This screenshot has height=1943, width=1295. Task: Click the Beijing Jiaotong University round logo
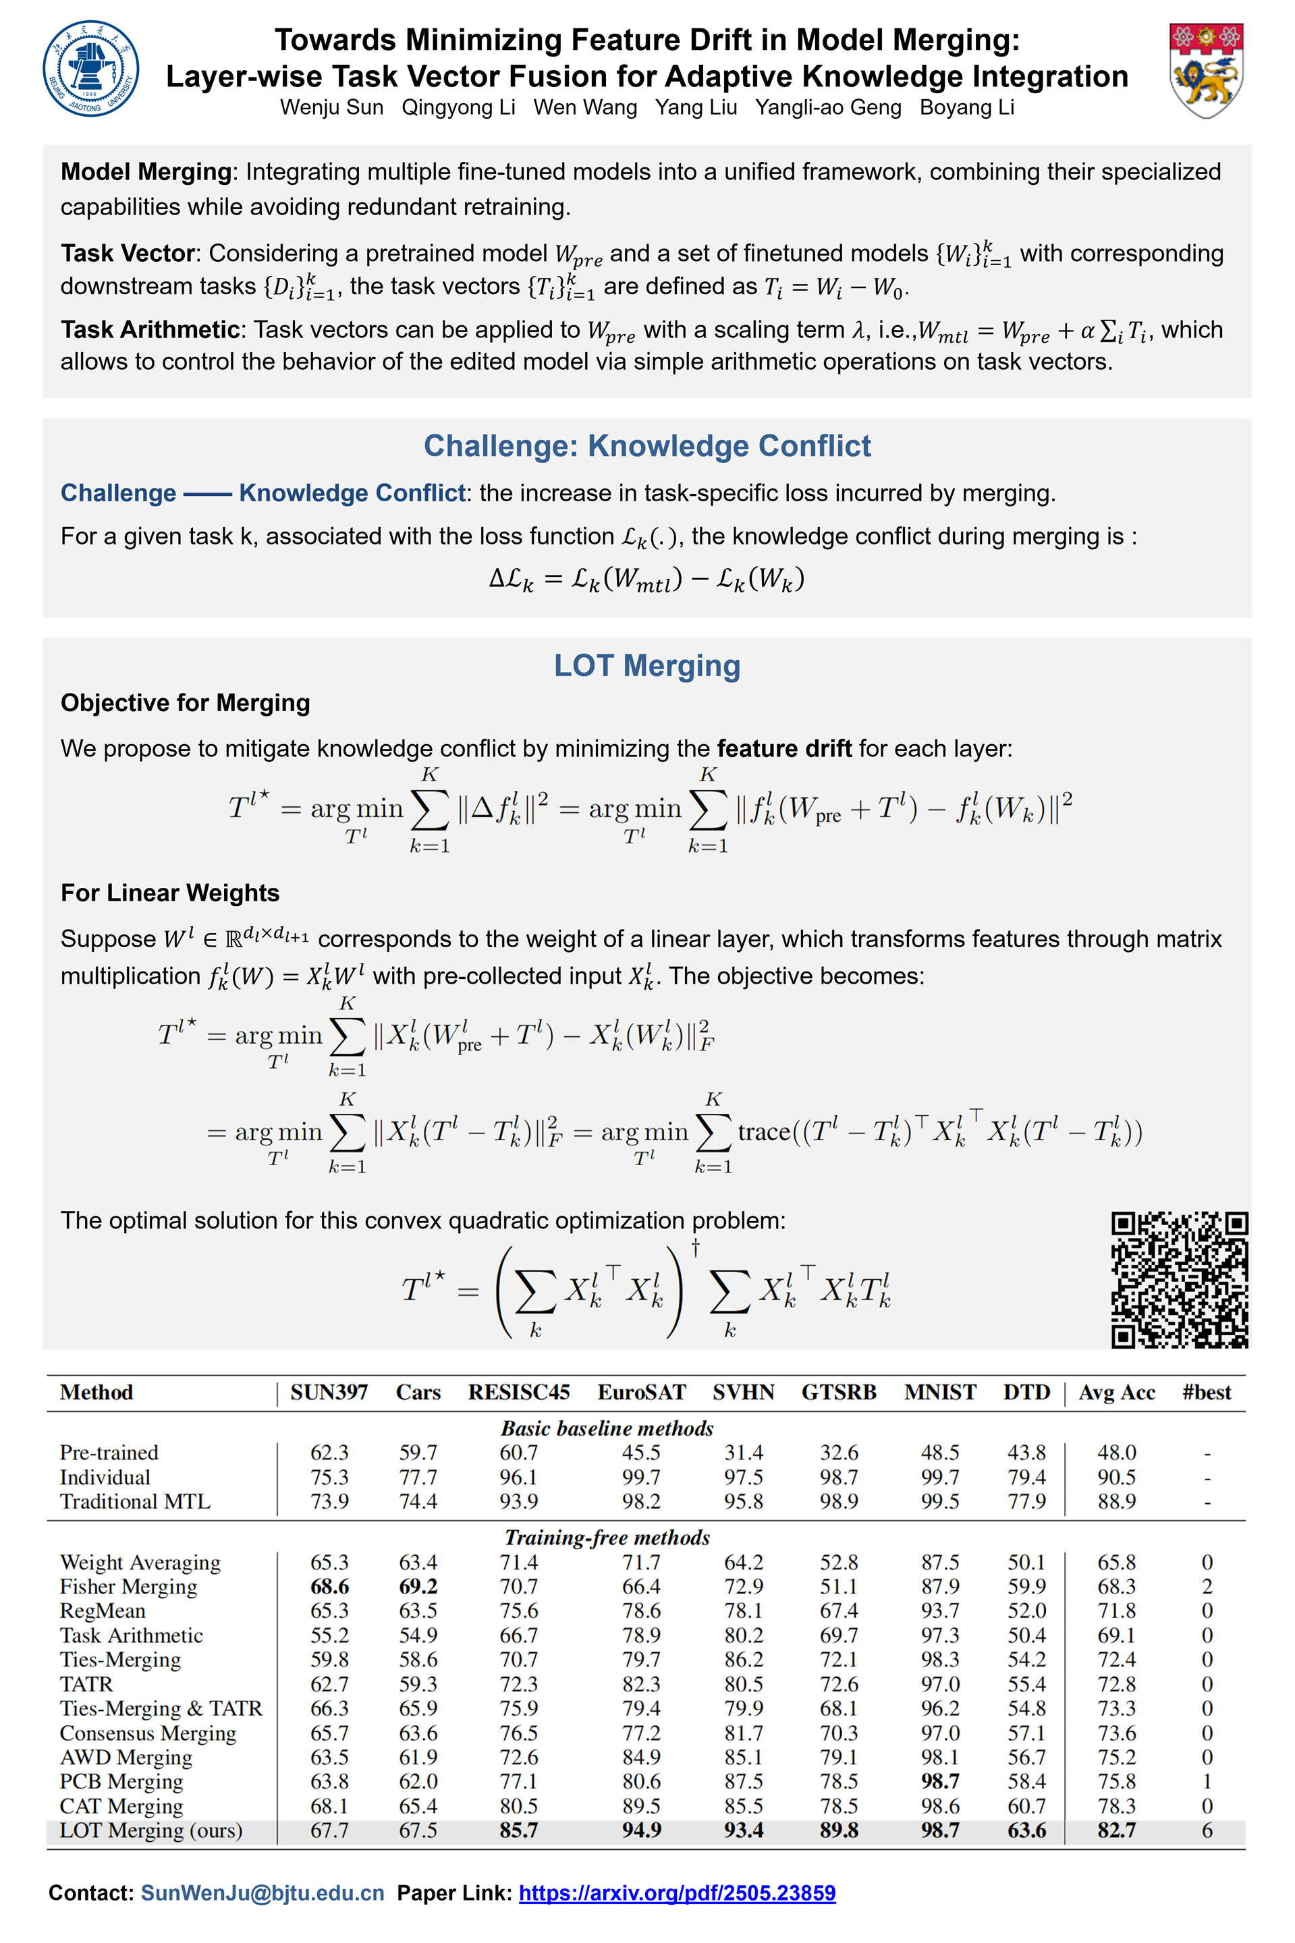91,69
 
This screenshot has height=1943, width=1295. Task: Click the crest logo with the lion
1206,70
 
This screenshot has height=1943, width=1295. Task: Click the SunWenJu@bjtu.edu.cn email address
263,1892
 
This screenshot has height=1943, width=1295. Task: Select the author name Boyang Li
966,107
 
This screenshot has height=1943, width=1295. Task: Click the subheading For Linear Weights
170,893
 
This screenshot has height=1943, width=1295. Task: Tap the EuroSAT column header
642,1392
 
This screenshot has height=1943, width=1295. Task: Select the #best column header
1206,1392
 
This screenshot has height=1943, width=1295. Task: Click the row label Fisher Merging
129,1586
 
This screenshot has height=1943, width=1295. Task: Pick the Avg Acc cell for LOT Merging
1117,1830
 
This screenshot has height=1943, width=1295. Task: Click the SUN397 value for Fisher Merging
329,1586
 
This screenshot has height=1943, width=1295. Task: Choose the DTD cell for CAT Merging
1026,1806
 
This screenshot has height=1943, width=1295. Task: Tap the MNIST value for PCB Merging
940,1781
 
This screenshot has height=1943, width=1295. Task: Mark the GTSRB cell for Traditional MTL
839,1501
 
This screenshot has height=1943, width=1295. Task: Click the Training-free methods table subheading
607,1538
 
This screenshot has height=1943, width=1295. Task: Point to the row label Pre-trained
109,1453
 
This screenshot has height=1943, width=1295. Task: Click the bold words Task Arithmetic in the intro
150,329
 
